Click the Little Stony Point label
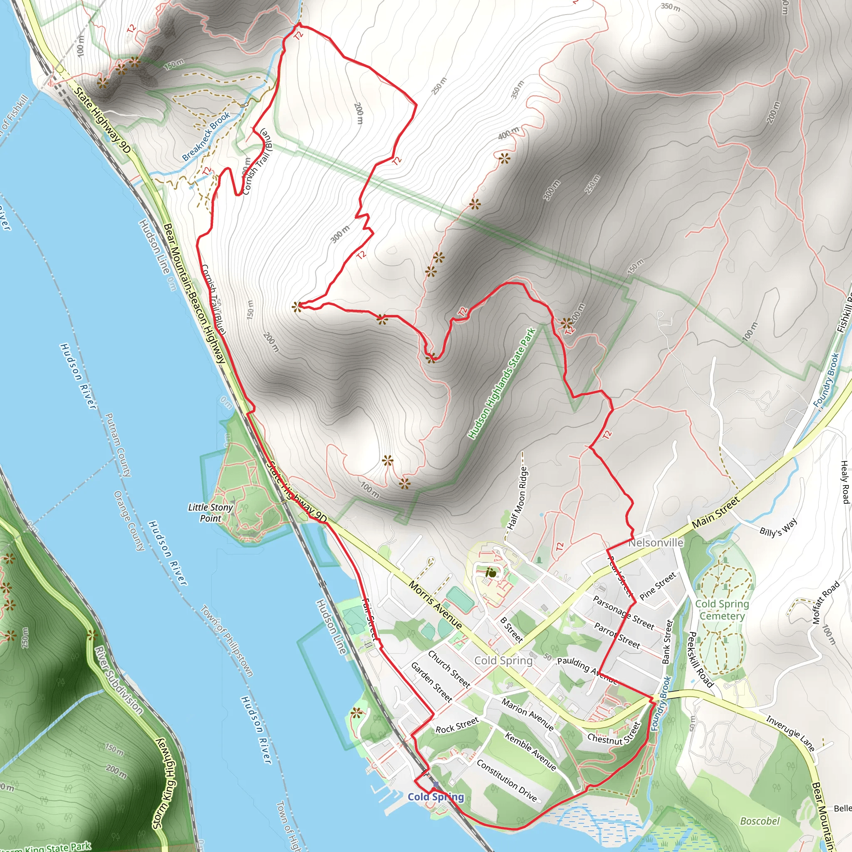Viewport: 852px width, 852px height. (x=211, y=513)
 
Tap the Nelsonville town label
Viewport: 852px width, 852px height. (x=656, y=543)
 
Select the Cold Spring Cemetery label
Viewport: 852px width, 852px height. (x=722, y=610)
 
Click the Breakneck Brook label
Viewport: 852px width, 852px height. (x=206, y=136)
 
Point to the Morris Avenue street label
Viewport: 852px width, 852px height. (x=435, y=605)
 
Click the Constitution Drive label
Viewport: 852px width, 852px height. (x=507, y=780)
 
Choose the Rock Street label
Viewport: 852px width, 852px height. (x=457, y=726)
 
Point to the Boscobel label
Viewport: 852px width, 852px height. (x=760, y=821)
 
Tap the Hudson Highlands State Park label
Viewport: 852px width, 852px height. (x=501, y=383)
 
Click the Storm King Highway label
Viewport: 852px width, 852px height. (x=164, y=783)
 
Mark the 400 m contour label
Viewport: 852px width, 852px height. (x=508, y=133)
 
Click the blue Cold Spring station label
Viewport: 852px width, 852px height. (x=436, y=797)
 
